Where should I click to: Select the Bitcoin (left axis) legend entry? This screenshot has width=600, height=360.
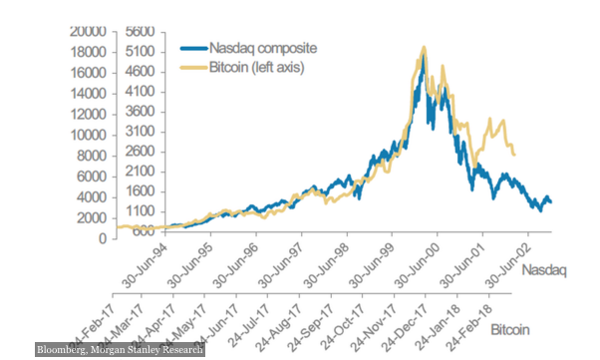click(x=255, y=67)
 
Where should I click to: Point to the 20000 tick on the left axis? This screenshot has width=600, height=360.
click(x=90, y=31)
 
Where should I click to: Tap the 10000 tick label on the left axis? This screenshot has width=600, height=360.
click(x=90, y=135)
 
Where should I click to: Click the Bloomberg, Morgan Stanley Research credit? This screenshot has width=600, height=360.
click(x=120, y=350)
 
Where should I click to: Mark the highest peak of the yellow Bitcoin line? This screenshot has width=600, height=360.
click(x=425, y=46)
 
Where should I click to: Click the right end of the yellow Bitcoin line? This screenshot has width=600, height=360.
click(x=514, y=155)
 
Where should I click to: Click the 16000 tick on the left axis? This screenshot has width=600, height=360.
click(x=90, y=72)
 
